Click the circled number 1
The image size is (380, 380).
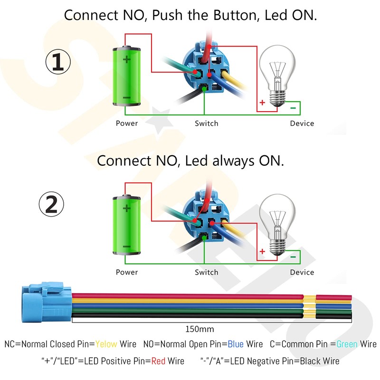click(58, 62)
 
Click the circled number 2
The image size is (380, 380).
click(51, 204)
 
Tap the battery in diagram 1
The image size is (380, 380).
click(126, 76)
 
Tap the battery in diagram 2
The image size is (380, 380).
click(126, 225)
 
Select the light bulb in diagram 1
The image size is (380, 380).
click(277, 76)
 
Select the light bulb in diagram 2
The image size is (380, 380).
click(277, 225)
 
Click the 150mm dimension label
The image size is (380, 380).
click(199, 329)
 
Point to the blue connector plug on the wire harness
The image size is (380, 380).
click(47, 302)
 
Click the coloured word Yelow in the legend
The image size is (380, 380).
click(106, 344)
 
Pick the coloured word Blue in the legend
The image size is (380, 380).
click(236, 344)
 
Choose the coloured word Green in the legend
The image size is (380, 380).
click(347, 344)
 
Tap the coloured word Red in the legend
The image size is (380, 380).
click(158, 361)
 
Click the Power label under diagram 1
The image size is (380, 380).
click(127, 123)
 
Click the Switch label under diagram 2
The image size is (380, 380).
click(207, 272)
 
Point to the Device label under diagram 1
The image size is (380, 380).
click(302, 123)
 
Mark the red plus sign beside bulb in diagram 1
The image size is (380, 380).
click(262, 103)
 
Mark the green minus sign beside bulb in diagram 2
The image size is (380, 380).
click(293, 257)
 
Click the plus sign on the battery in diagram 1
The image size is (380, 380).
click(126, 59)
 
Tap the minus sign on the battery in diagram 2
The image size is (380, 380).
click(126, 247)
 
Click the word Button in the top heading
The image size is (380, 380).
click(235, 15)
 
